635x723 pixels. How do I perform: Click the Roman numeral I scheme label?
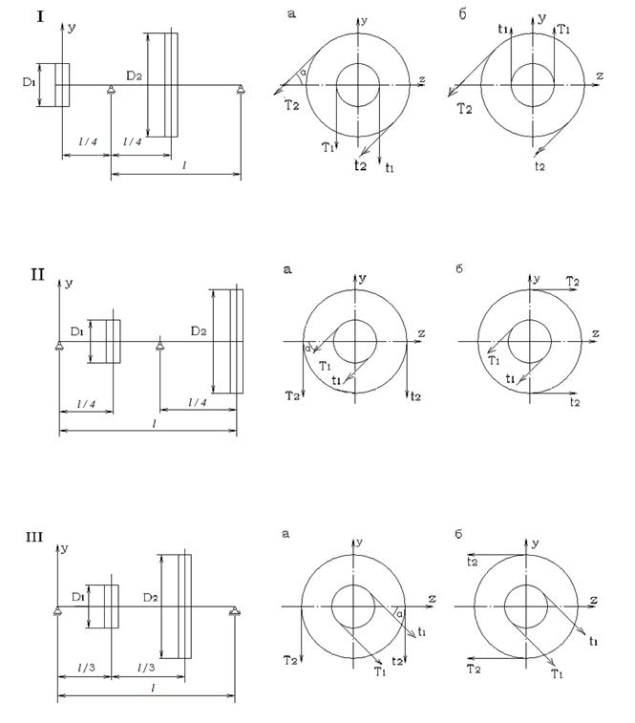(x=40, y=17)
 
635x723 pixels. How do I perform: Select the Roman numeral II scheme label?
(x=38, y=275)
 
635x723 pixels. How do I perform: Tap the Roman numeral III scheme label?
(x=34, y=537)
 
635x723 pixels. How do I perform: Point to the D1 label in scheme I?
(x=29, y=82)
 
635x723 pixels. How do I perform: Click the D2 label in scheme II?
(x=199, y=330)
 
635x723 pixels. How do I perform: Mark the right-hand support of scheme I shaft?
(x=241, y=90)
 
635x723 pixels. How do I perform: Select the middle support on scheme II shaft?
(x=159, y=346)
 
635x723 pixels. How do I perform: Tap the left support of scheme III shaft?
(x=57, y=611)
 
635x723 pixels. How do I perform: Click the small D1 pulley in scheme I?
(x=62, y=85)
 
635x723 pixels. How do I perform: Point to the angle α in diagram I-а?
(x=303, y=73)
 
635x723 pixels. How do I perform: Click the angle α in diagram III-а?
(x=399, y=614)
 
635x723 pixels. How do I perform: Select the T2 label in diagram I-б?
(x=464, y=109)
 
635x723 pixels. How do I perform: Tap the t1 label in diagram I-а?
(x=390, y=168)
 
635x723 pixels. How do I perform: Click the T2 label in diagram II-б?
(x=572, y=281)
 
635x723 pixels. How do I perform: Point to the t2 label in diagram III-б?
(x=473, y=562)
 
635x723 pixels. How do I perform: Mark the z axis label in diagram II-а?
(x=421, y=333)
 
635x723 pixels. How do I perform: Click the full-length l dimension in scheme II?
(x=148, y=430)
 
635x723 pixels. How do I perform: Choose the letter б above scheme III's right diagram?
(x=458, y=534)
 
